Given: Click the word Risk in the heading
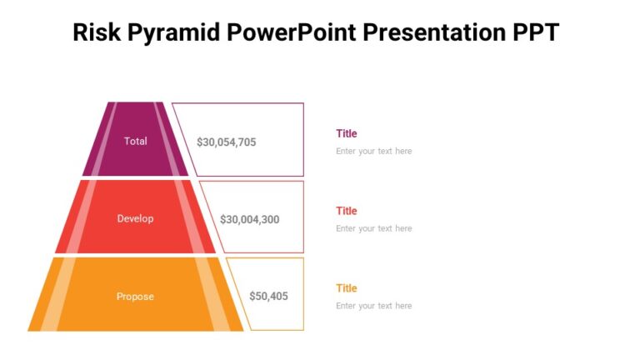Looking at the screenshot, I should point(96,32).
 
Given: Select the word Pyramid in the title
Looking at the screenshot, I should point(171,32).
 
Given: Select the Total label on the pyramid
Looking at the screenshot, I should point(135,141).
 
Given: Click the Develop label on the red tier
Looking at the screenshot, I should point(135,218).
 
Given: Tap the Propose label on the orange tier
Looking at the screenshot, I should point(135,296).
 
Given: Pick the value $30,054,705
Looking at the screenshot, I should point(226,142).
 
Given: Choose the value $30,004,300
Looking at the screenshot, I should point(249,220).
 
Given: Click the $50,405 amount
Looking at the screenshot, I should point(268,297).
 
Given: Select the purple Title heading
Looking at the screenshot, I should point(346,133).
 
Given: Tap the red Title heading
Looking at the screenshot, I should point(346,211).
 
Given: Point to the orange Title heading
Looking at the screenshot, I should point(346,288).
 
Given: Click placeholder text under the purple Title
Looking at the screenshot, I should point(373,152).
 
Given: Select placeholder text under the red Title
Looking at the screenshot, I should point(373,228).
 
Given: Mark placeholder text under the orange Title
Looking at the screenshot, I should point(373,306).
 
